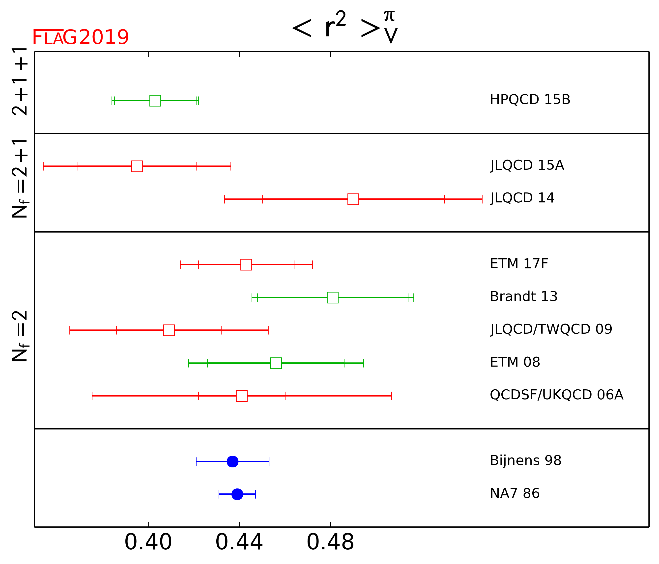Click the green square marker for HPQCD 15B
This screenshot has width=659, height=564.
(x=155, y=101)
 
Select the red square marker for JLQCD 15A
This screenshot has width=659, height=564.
(x=137, y=166)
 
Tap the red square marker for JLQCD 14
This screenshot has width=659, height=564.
(x=353, y=199)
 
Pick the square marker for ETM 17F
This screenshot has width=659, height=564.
(x=246, y=265)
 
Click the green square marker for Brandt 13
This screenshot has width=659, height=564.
(x=333, y=297)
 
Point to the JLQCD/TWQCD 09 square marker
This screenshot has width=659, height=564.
(x=169, y=330)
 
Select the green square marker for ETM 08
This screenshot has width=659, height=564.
(x=276, y=363)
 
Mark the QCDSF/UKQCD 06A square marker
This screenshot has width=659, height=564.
(x=242, y=396)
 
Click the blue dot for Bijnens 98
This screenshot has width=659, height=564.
(x=232, y=462)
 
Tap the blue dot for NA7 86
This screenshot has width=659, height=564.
(x=237, y=494)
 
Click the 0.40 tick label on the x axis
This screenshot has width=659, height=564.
(x=148, y=542)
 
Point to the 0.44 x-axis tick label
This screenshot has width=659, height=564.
(x=239, y=542)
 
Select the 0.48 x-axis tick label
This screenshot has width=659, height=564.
(x=330, y=542)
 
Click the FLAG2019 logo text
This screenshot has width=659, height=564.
(x=81, y=37)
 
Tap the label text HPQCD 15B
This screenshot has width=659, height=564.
(x=530, y=100)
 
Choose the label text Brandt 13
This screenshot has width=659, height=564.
(x=523, y=297)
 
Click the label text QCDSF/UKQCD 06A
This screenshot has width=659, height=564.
(x=557, y=395)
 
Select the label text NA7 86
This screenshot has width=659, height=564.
(x=515, y=493)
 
